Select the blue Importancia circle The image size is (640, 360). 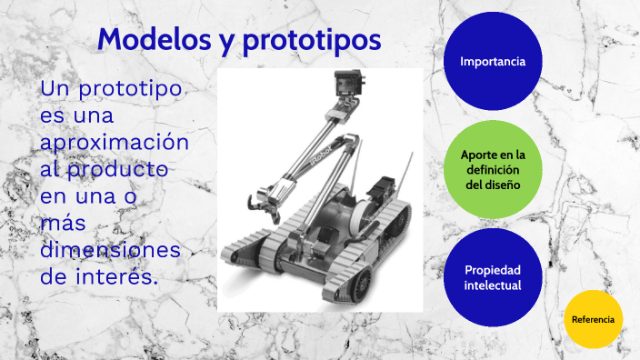(x=493, y=62)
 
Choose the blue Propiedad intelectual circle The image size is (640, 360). (x=493, y=277)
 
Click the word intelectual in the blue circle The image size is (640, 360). (x=493, y=285)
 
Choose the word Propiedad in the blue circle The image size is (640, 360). (x=493, y=270)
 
